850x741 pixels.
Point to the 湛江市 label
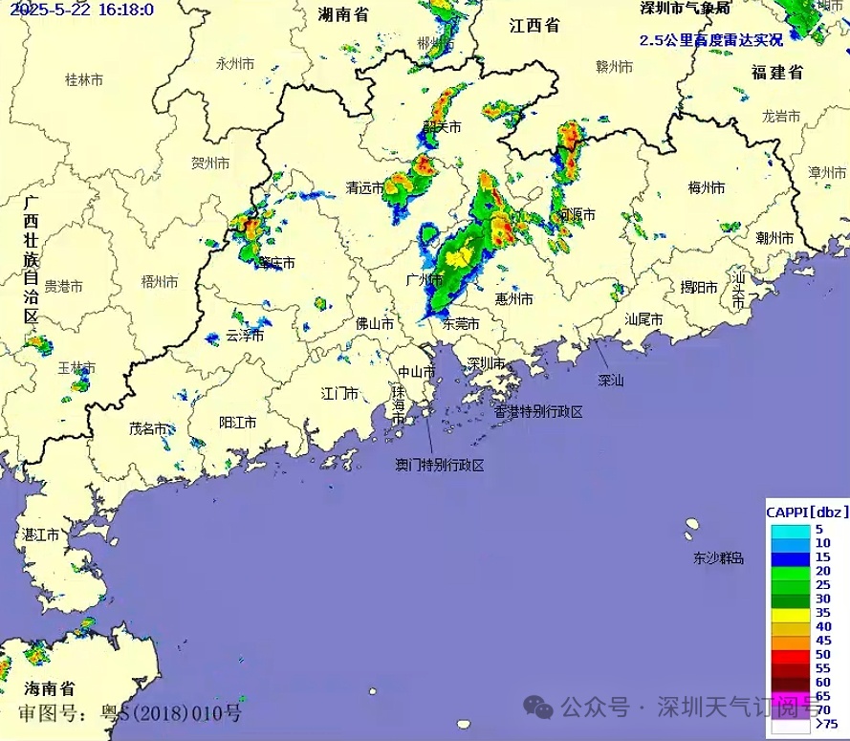coord(40,534)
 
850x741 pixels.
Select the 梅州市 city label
coord(707,187)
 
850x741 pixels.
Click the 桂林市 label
coord(83,80)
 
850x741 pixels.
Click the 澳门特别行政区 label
coord(440,466)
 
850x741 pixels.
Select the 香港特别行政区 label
coord(538,412)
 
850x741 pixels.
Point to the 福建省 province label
coord(776,73)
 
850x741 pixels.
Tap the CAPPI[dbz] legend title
coord(807,512)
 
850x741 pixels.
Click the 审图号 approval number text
coord(129,712)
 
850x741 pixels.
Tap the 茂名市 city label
coord(148,429)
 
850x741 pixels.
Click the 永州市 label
coord(234,64)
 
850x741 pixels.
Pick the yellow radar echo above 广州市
coord(457,255)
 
